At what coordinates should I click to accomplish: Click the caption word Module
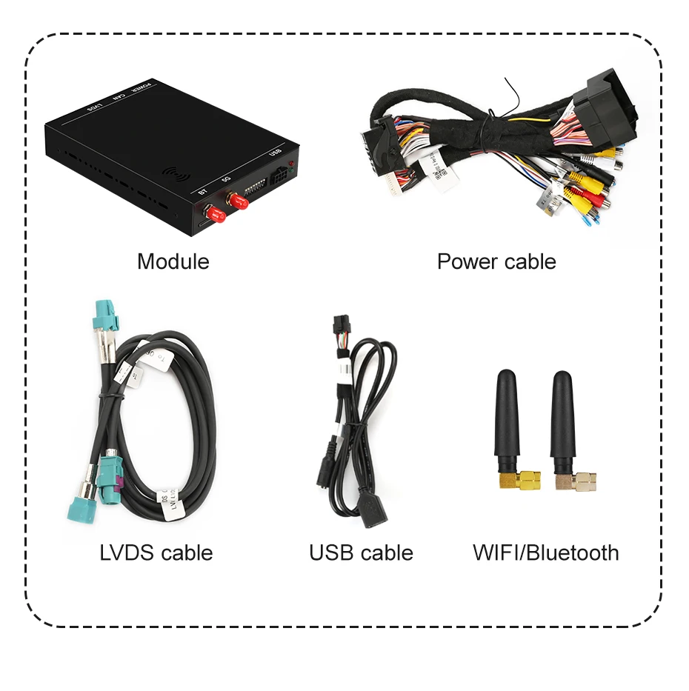pos(173,261)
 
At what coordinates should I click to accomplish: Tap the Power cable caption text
pos(496,261)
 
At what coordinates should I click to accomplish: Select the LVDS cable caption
pos(156,553)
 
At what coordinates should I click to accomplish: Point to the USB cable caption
pos(361,553)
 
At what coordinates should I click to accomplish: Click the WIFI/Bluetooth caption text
pos(545,553)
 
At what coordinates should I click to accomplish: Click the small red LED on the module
pos(291,162)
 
